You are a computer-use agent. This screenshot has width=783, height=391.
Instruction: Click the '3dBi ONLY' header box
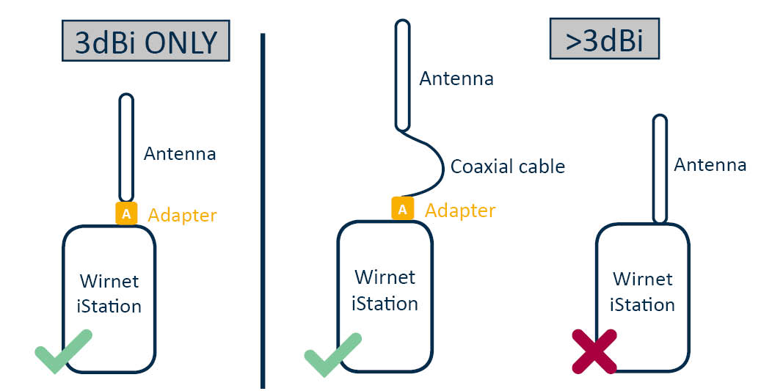point(146,43)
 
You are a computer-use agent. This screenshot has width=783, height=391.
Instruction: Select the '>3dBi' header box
point(604,40)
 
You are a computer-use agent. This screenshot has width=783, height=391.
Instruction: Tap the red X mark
point(595,351)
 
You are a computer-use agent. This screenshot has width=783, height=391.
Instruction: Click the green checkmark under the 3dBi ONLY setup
point(64,351)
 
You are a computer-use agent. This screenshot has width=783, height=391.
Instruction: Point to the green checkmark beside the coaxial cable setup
point(332,354)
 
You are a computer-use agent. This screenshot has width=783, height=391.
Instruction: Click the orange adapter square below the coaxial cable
point(402,209)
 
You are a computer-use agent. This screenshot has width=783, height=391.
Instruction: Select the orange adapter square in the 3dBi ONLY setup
point(126,213)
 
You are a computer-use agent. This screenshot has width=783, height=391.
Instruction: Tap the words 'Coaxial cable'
point(508,167)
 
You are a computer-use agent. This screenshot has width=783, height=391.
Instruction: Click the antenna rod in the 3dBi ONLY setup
point(126,147)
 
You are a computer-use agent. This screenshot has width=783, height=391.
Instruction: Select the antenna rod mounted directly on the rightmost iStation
point(659,168)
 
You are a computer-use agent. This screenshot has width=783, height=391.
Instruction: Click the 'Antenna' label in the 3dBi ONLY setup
point(180,154)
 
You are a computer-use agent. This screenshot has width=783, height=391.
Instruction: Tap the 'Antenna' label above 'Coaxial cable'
point(456,78)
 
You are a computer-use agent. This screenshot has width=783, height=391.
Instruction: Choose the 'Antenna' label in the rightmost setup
point(710,165)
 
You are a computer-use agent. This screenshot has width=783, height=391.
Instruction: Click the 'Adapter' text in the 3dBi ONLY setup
point(183,215)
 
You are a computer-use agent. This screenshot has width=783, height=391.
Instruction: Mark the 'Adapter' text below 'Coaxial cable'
point(460,211)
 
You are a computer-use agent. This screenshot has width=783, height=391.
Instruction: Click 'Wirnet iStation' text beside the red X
point(642,291)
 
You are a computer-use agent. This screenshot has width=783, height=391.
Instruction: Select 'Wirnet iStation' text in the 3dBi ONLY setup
point(109,293)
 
